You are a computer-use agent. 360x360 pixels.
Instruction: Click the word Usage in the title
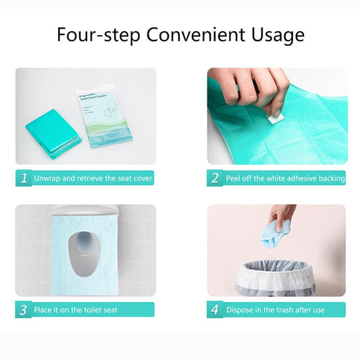276,34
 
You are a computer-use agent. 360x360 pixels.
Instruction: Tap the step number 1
24,178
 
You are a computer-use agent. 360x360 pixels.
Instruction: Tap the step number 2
215,178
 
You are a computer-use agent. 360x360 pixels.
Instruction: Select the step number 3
24,310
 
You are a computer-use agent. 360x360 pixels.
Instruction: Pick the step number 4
215,310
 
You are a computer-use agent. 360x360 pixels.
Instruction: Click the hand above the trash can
282,215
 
